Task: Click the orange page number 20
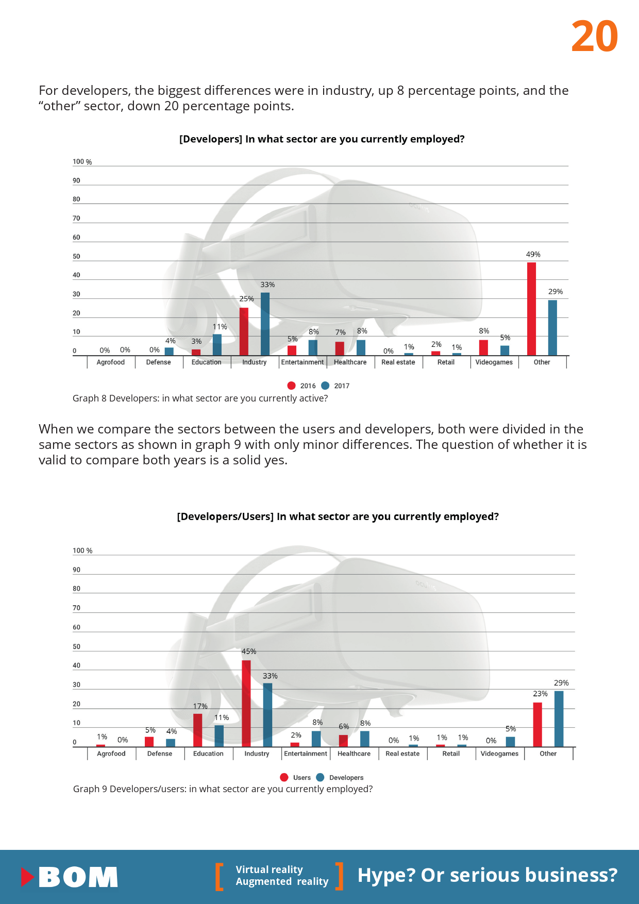(x=595, y=37)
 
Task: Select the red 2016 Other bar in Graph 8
(x=531, y=309)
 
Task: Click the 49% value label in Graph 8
(x=533, y=255)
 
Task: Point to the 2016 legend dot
(x=292, y=386)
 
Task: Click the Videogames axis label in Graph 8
(x=494, y=362)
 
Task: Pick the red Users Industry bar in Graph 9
(x=246, y=703)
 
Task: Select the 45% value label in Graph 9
(x=249, y=651)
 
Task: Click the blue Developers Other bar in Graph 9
(x=559, y=718)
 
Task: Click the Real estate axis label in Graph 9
(x=402, y=754)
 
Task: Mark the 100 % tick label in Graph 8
(x=82, y=162)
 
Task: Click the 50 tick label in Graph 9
(x=76, y=647)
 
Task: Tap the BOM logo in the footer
(x=70, y=877)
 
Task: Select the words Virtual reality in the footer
(x=269, y=869)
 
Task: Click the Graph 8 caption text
(x=200, y=398)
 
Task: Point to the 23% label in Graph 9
(x=540, y=694)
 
